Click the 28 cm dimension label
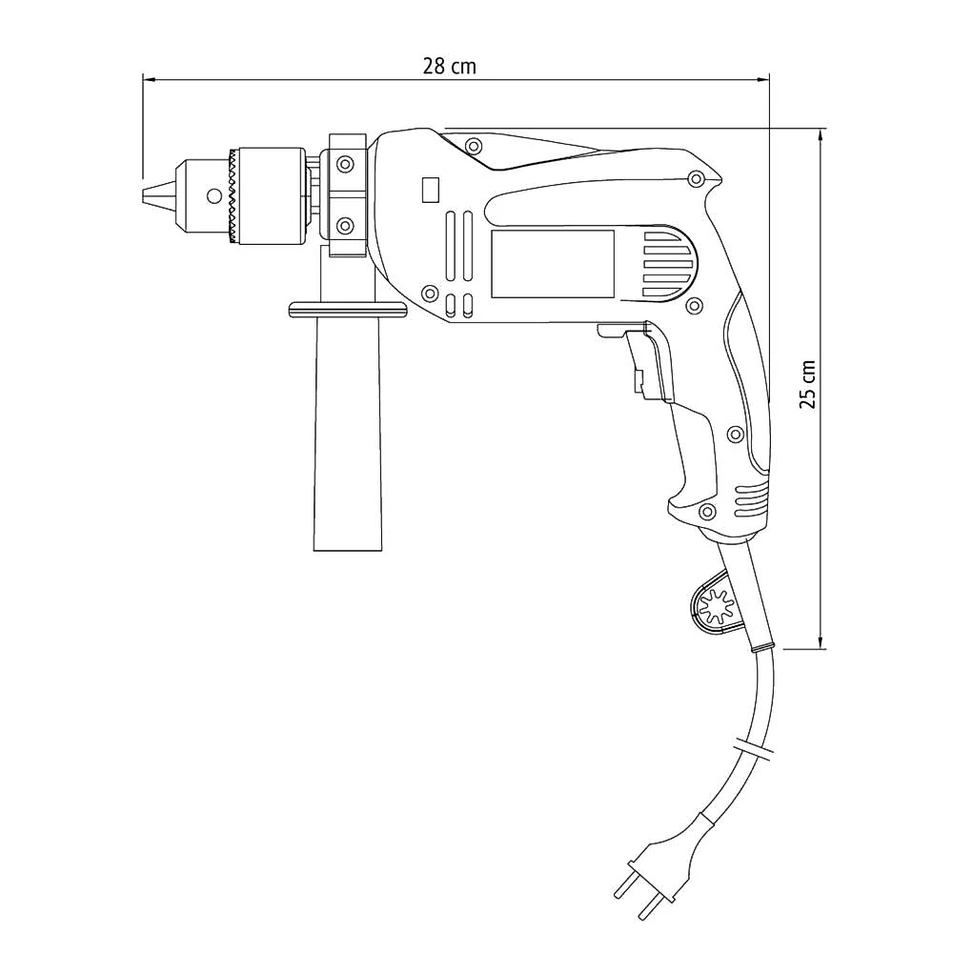pos(450,66)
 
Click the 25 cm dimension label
pos(808,384)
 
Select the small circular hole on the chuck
pos(213,196)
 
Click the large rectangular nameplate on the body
pos(553,264)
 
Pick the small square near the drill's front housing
pos(431,190)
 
